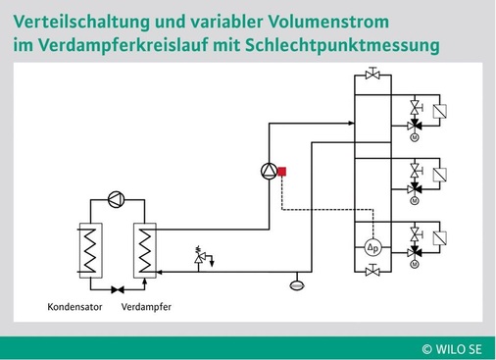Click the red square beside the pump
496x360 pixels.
[281, 172]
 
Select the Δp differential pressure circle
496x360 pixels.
[372, 245]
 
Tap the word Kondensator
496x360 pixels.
[74, 307]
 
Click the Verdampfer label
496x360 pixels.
[146, 307]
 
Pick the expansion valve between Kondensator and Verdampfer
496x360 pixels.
[117, 289]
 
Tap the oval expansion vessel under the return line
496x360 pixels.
[295, 285]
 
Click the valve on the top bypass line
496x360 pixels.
[372, 74]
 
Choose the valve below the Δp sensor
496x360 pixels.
[372, 270]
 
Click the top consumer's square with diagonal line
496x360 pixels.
[440, 111]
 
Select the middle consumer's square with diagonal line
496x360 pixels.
[440, 175]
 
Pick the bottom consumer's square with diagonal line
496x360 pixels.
[440, 237]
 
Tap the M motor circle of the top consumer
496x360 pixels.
[415, 137]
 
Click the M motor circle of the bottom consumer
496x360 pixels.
[415, 264]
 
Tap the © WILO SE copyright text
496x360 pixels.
[452, 346]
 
